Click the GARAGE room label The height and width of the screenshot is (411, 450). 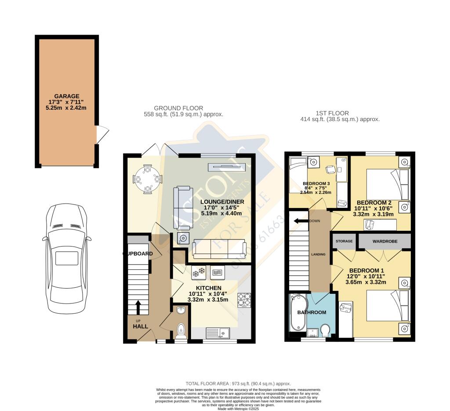pos(67,96)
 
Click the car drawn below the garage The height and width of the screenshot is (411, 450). pos(67,259)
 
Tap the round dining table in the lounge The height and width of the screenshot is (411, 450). pos(148,179)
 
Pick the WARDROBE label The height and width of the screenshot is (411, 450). pos(385,241)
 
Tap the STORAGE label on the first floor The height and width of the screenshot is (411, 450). pos(344,241)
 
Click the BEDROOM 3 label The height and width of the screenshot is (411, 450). pos(316,183)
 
